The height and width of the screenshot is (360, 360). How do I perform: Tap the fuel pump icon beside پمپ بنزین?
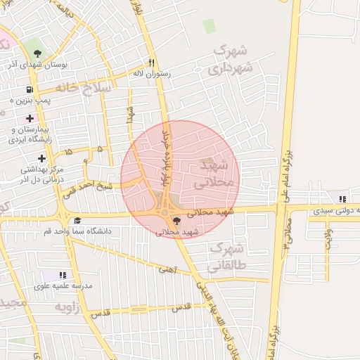click(x=29, y=90)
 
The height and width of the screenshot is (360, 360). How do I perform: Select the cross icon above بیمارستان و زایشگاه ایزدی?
click(x=29, y=117)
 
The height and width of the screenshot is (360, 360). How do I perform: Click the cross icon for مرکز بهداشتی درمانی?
click(x=42, y=158)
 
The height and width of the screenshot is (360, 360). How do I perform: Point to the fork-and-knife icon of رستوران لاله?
click(x=150, y=61)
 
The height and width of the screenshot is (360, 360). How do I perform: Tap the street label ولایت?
click(x=327, y=236)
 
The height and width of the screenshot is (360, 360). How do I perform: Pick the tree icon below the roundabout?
click(x=176, y=221)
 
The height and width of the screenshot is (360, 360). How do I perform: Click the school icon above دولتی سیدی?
click(x=342, y=198)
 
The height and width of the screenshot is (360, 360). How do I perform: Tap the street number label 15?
click(x=68, y=151)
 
